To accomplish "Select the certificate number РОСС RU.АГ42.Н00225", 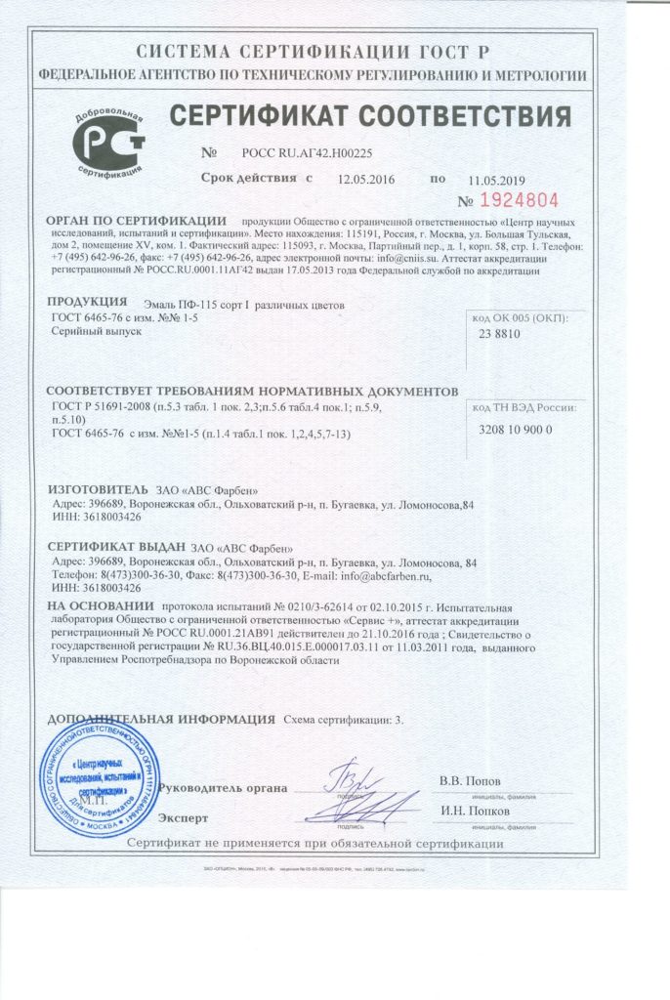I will [x=306, y=153].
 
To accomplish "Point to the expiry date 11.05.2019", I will [x=496, y=180].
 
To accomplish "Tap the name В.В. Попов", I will [x=470, y=781].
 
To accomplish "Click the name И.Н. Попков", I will [x=474, y=810].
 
